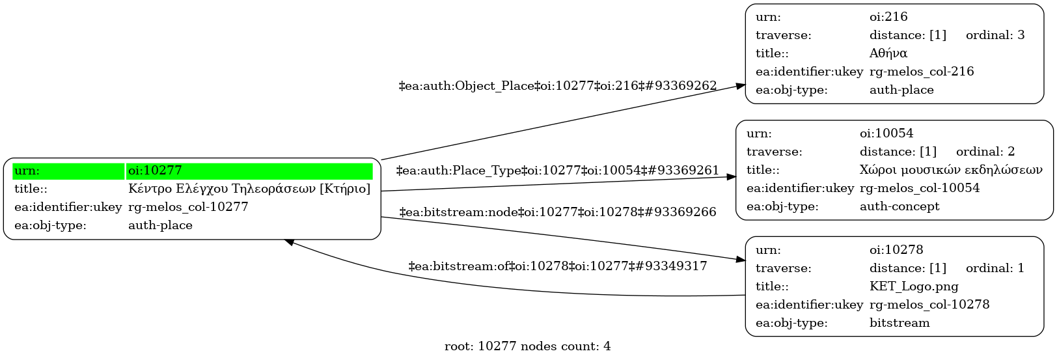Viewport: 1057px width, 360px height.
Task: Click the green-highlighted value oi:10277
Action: (x=156, y=171)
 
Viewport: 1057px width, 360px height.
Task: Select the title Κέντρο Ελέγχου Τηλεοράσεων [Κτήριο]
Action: (x=249, y=189)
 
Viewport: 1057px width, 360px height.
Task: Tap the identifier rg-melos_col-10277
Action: (x=188, y=207)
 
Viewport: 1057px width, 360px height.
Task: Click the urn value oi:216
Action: (x=888, y=17)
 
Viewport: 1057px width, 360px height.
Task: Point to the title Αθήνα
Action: (x=888, y=53)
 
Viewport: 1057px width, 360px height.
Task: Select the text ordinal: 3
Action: (x=995, y=35)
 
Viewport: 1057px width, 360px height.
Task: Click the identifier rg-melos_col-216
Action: (x=922, y=72)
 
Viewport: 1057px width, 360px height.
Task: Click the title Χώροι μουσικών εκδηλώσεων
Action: (x=951, y=170)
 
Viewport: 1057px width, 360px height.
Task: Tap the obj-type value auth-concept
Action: (x=899, y=206)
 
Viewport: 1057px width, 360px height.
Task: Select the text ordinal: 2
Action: (x=985, y=152)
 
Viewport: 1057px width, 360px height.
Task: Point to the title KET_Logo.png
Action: (x=914, y=286)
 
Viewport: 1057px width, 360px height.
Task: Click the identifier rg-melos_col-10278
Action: (x=929, y=305)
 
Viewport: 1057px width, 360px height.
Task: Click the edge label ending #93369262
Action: (x=558, y=86)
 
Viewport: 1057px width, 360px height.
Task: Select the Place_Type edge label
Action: (x=558, y=171)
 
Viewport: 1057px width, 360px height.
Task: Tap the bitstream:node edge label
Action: (x=558, y=212)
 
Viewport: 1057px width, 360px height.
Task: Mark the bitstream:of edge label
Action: (x=558, y=266)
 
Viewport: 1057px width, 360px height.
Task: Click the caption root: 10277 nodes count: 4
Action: (x=527, y=346)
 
